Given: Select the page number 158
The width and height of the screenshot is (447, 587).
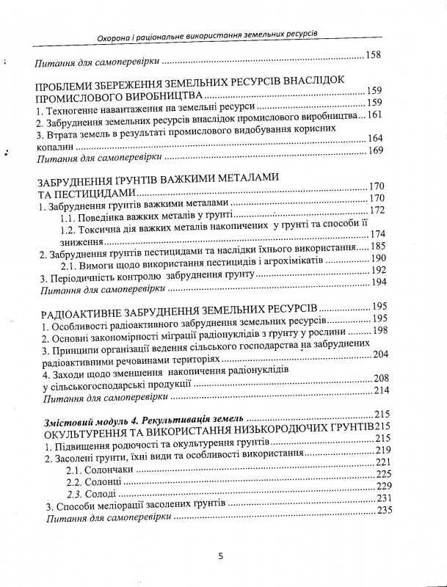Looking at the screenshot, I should pos(374,55).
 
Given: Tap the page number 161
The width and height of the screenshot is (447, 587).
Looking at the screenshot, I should pos(374,115).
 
